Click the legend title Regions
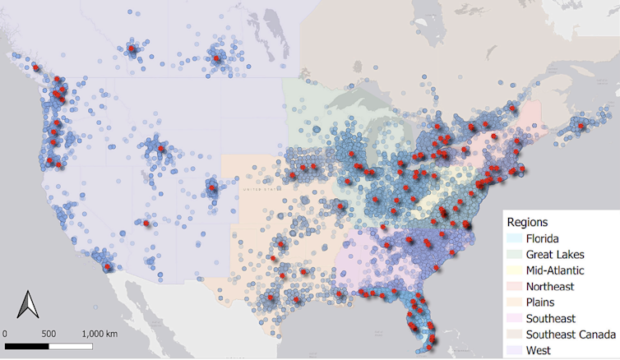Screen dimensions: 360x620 pyautogui.click(x=528, y=222)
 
